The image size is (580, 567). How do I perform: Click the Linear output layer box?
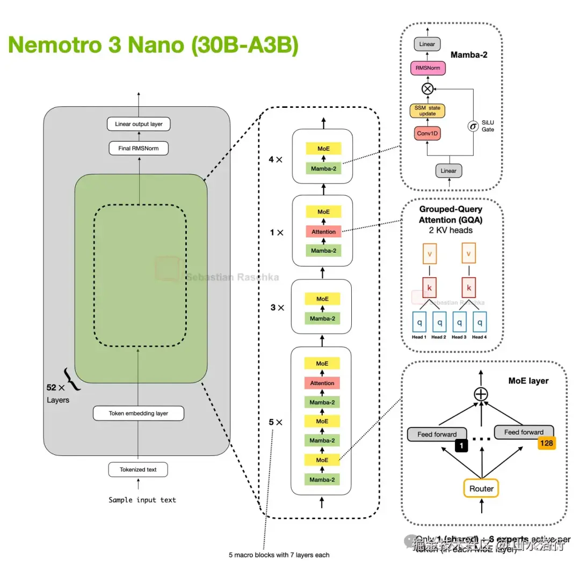coord(139,124)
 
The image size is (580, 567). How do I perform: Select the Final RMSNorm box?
coord(139,148)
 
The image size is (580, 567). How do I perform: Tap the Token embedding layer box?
coord(139,413)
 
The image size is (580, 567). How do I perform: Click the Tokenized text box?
coord(139,469)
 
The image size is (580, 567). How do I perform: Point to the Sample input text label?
coord(142,499)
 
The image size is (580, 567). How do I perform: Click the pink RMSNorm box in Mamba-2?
coord(427,68)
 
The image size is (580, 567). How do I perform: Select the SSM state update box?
coord(427,111)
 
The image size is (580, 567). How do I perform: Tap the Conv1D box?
coord(427,133)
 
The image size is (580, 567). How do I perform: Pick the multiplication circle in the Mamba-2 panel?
coord(427,89)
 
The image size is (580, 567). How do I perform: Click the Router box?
coord(481,488)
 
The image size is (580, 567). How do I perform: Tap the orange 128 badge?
coord(546,443)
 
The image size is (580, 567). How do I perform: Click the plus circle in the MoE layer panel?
coord(481,394)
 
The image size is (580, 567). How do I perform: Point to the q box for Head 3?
coord(459,322)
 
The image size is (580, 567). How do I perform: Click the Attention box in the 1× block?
coord(323,232)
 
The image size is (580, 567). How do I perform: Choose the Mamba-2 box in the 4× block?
coord(323,169)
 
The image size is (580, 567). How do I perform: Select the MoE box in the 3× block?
coord(323,299)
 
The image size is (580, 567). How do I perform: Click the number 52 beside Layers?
coord(52,387)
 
